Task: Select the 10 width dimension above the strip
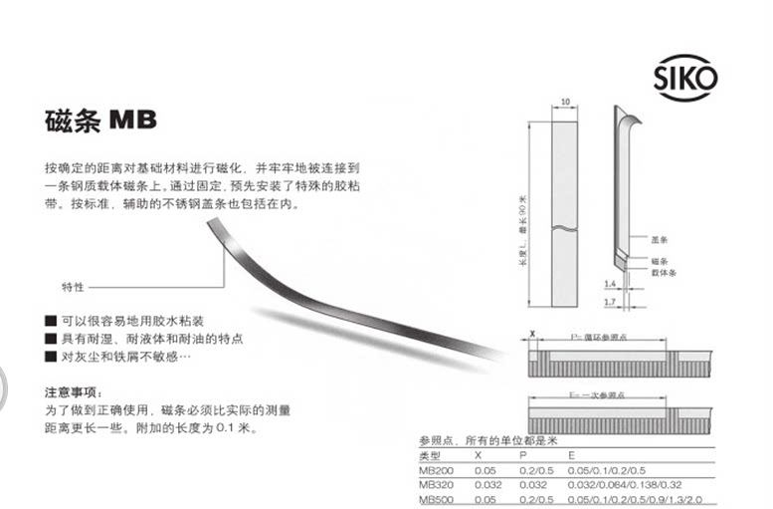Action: (564, 102)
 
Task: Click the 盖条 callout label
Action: (658, 240)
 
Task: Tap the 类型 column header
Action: (430, 453)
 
